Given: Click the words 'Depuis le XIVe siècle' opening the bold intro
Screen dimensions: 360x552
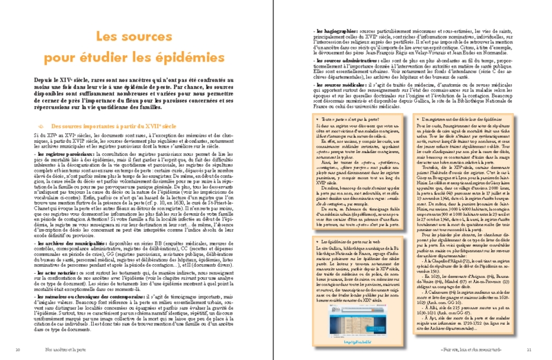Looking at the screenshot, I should click(x=55, y=81).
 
